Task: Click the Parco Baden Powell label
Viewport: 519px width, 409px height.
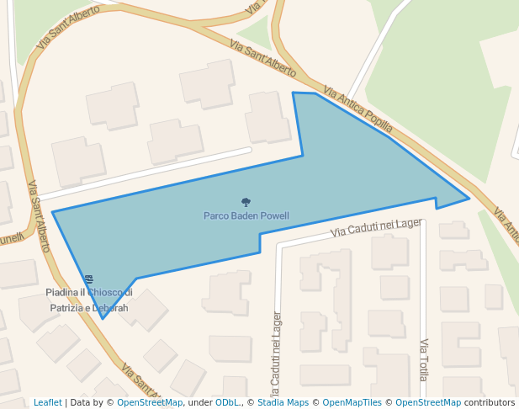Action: click(x=246, y=216)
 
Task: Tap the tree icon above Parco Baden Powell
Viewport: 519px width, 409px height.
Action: click(x=246, y=202)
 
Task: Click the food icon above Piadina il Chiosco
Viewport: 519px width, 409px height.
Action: click(x=88, y=279)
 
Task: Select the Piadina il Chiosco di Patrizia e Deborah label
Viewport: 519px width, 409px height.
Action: click(x=89, y=300)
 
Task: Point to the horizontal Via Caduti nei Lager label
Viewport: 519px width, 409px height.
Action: click(x=376, y=227)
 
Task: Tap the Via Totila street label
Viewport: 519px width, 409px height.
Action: click(x=424, y=359)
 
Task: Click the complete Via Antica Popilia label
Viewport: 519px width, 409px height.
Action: click(x=357, y=109)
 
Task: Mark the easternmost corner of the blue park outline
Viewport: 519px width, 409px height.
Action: click(x=469, y=199)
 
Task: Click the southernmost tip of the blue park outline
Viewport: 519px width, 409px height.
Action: click(x=103, y=318)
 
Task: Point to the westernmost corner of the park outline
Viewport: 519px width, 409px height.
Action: click(x=52, y=212)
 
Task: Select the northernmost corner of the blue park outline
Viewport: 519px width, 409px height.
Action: click(x=293, y=93)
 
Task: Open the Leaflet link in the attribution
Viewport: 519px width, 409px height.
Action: click(x=48, y=403)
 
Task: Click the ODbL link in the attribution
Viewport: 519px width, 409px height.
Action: click(x=227, y=403)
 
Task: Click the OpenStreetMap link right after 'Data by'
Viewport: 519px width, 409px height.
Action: click(x=150, y=403)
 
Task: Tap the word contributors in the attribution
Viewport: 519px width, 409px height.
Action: click(x=490, y=403)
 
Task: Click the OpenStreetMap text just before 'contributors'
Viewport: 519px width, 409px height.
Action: click(x=428, y=403)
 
